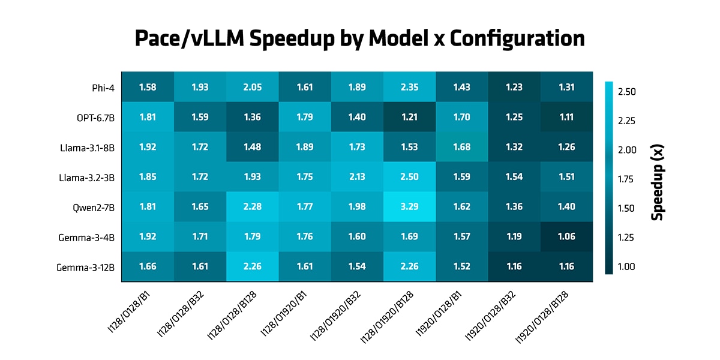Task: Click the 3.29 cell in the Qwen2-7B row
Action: pyautogui.click(x=410, y=207)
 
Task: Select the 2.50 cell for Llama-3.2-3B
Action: pyautogui.click(x=410, y=177)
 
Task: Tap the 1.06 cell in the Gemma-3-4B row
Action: pyautogui.click(x=566, y=237)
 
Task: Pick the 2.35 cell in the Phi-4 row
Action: pyautogui.click(x=410, y=88)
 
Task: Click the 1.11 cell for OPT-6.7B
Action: pyautogui.click(x=566, y=118)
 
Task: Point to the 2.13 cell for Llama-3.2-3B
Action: pyautogui.click(x=357, y=177)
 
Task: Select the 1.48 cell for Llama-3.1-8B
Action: pyautogui.click(x=252, y=147)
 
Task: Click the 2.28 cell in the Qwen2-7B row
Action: pyautogui.click(x=252, y=207)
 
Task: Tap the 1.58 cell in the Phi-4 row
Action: pyautogui.click(x=148, y=88)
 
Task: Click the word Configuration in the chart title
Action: pyautogui.click(x=517, y=39)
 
